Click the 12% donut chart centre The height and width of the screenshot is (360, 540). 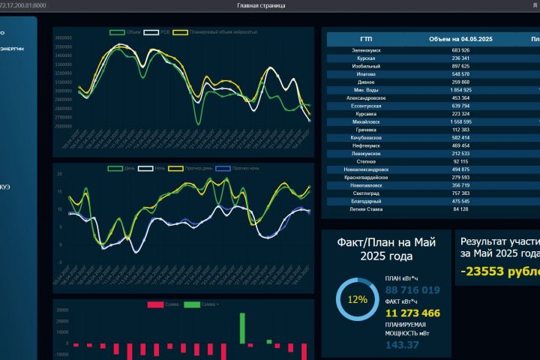click(x=357, y=299)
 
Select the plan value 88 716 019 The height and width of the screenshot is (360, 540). click(x=412, y=290)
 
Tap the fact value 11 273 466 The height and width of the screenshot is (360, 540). click(x=412, y=313)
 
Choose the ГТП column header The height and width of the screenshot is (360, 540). click(x=365, y=38)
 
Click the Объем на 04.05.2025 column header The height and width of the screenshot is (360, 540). click(x=460, y=38)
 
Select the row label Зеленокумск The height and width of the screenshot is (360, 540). click(x=366, y=49)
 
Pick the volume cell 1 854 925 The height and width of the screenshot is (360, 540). click(x=456, y=90)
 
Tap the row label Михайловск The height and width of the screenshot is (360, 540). click(x=366, y=121)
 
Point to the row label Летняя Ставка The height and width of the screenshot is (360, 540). click(x=366, y=209)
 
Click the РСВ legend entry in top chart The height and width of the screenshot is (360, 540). click(x=157, y=32)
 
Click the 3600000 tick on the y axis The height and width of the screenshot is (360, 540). click(x=63, y=37)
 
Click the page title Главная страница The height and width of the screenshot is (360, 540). click(x=261, y=5)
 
